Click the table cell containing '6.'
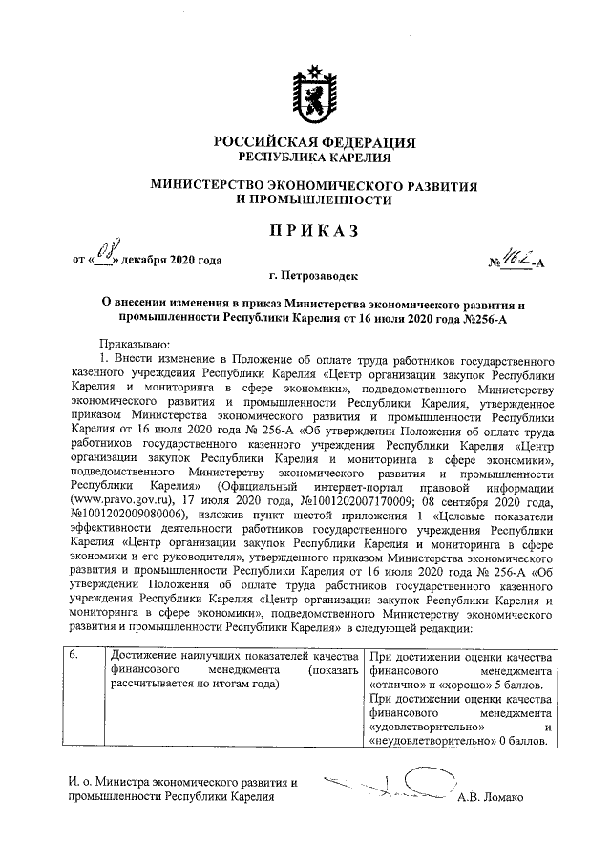[x=77, y=654]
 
